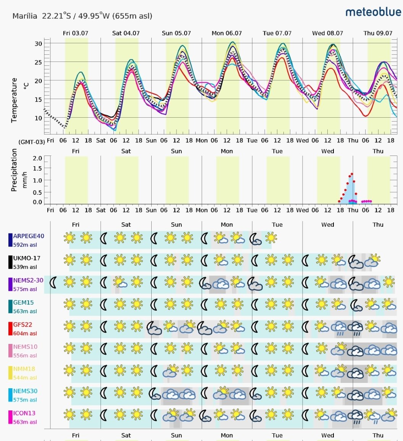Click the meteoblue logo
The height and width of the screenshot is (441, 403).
(x=373, y=12)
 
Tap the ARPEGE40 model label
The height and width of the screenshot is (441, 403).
(x=29, y=236)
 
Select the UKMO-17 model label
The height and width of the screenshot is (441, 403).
(x=27, y=258)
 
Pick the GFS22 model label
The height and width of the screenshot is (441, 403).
(x=23, y=324)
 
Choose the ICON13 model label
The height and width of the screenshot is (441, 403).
(x=24, y=413)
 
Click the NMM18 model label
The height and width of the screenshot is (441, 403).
(x=24, y=369)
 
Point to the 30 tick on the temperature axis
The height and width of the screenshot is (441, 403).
(x=38, y=44)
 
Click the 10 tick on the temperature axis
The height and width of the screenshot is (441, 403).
(x=38, y=118)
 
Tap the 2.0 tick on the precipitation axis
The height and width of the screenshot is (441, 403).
(x=37, y=158)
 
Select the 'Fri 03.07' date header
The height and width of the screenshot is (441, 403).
(x=75, y=33)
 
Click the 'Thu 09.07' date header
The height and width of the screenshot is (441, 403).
(x=378, y=33)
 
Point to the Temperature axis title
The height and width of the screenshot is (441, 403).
(x=14, y=100)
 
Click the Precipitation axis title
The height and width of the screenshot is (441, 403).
(x=14, y=170)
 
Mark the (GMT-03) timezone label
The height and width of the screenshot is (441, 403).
(x=32, y=142)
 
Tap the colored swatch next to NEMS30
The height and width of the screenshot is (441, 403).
(x=10, y=395)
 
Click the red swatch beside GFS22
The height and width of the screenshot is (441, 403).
(x=10, y=329)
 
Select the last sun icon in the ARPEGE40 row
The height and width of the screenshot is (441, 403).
(x=271, y=238)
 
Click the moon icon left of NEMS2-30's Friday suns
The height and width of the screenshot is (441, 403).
(x=53, y=282)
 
